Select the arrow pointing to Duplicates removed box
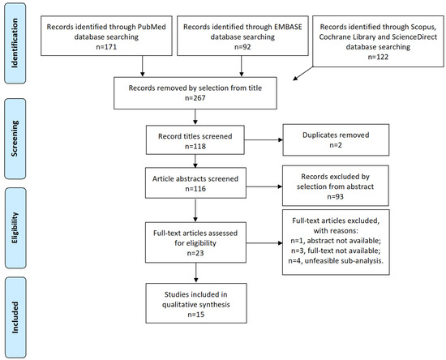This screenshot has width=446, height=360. tap(263, 141)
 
